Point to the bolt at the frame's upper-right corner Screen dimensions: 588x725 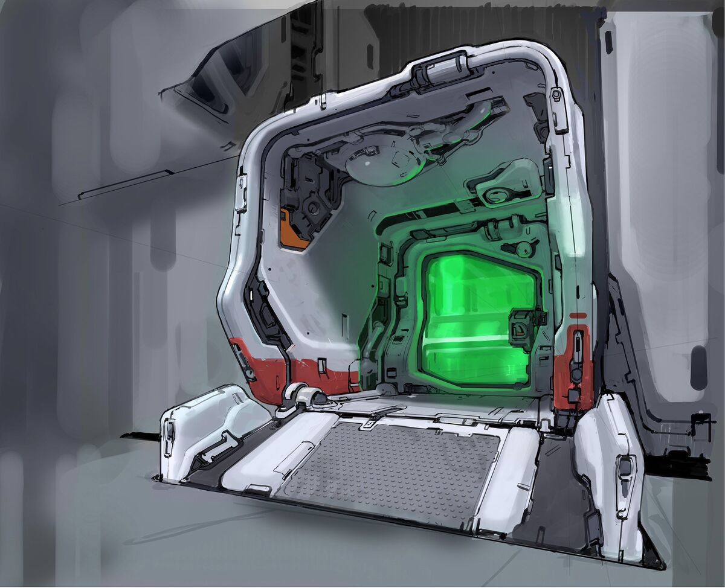tap(556, 95)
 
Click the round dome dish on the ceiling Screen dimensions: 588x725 tap(381, 163)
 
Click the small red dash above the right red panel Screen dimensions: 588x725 tap(578, 316)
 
